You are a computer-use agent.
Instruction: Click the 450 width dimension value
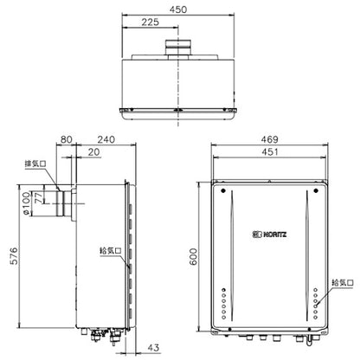click(178, 10)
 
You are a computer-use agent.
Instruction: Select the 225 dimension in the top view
click(150, 22)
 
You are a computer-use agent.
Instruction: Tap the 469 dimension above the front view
click(269, 139)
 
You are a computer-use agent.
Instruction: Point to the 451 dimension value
click(269, 151)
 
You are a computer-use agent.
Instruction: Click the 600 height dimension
click(194, 256)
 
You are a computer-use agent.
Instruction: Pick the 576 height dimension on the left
click(14, 255)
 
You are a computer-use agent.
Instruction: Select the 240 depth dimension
click(106, 139)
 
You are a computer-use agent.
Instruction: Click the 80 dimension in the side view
click(66, 139)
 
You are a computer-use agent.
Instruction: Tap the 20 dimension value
click(93, 152)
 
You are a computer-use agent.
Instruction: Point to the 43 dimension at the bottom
click(153, 348)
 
